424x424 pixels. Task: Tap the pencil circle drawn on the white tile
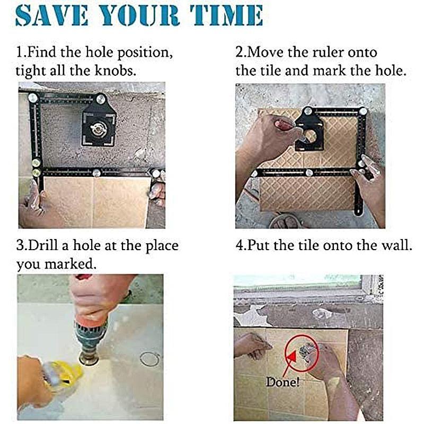(150, 359)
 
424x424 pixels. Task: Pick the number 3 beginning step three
(20, 246)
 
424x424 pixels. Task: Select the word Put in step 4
(258, 246)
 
